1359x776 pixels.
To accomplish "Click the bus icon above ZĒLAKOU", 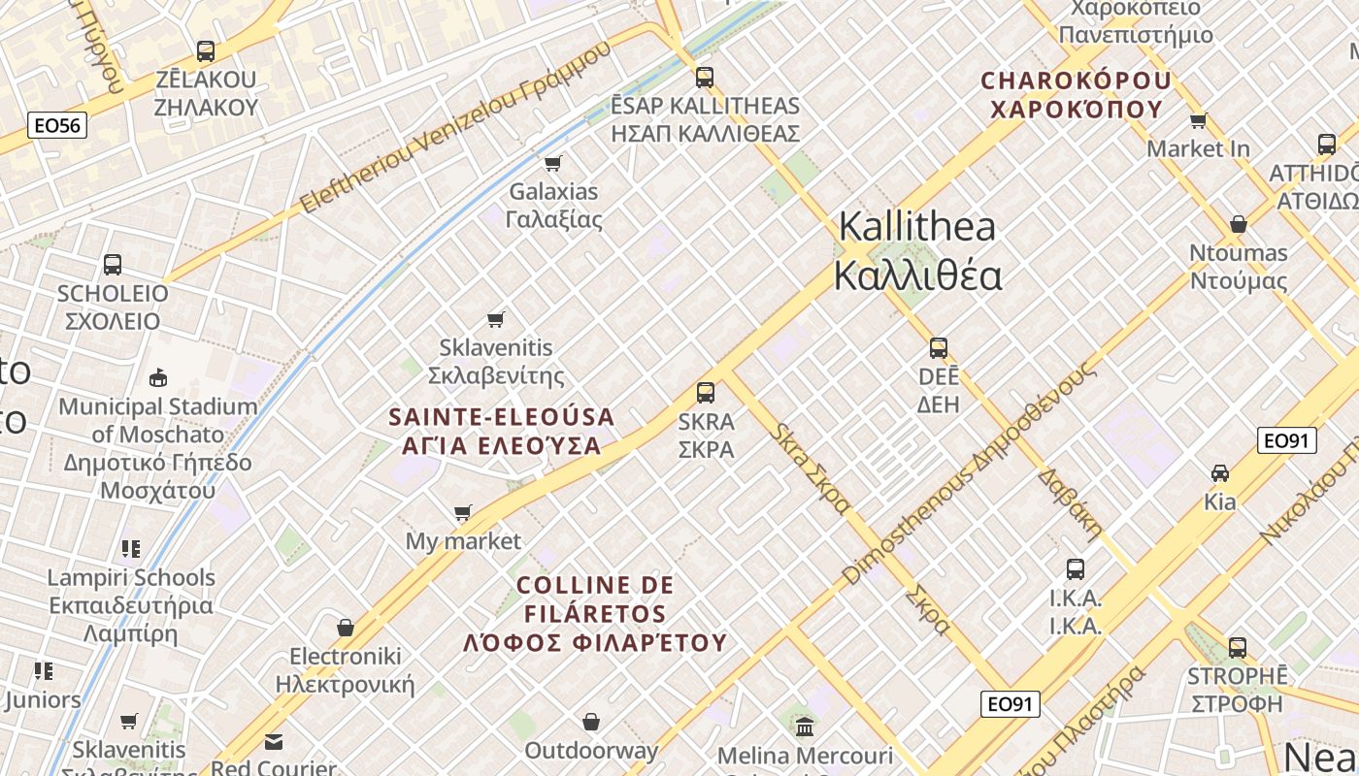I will pos(206,51).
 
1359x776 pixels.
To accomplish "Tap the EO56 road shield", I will pos(58,125).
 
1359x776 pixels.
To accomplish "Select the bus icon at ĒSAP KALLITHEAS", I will pos(705,78).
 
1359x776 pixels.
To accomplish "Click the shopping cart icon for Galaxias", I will pos(553,163).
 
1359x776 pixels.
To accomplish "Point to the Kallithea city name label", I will pos(917,251).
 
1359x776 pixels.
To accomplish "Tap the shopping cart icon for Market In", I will pos(1198,121).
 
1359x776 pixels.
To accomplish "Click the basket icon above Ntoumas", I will pos(1238,225).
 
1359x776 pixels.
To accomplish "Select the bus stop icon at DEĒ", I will pos(938,348).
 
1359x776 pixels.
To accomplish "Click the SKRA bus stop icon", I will pos(706,393).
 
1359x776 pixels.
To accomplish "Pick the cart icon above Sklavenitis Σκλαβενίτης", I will pos(496,319).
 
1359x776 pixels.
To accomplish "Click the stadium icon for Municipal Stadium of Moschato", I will pos(157,377).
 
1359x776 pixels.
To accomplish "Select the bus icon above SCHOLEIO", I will pos(113,265).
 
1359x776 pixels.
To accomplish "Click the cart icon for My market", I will pos(463,512).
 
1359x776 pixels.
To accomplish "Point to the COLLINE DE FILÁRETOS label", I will pos(595,613).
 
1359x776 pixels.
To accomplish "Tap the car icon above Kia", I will pos(1219,473).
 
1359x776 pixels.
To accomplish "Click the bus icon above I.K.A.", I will pos(1075,569).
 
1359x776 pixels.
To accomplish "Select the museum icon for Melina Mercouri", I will pos(805,727).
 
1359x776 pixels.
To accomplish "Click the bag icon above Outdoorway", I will pos(591,722).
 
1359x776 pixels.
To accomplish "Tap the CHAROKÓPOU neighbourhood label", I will pos(1077,94).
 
